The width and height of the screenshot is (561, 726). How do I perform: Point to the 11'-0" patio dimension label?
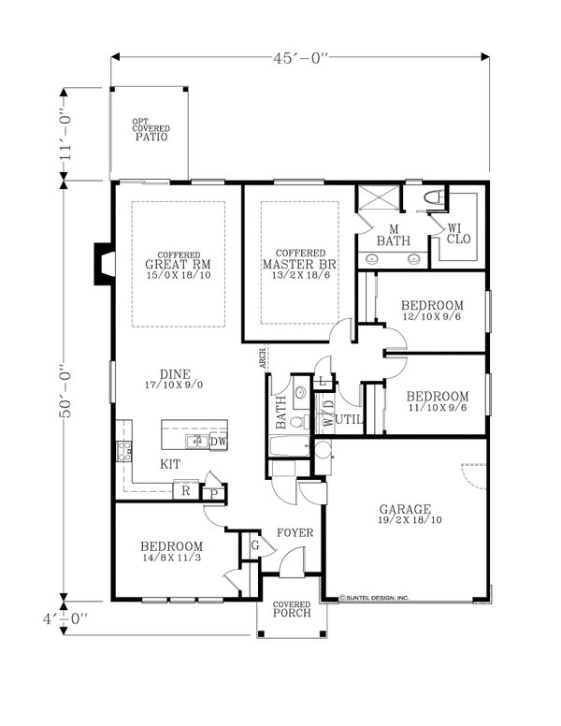(65, 134)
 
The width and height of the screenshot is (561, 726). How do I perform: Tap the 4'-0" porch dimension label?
(65, 617)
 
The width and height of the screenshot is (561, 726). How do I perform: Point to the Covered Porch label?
(291, 611)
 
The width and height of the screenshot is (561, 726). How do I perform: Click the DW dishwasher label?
(218, 442)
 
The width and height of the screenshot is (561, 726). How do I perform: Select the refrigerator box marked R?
(185, 490)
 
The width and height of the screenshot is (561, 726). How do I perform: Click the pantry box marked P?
(212, 491)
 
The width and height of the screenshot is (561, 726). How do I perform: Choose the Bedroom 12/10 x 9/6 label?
(432, 312)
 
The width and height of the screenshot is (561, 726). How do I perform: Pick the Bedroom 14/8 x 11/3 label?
(172, 553)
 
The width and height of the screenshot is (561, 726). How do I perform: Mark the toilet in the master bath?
(432, 198)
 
